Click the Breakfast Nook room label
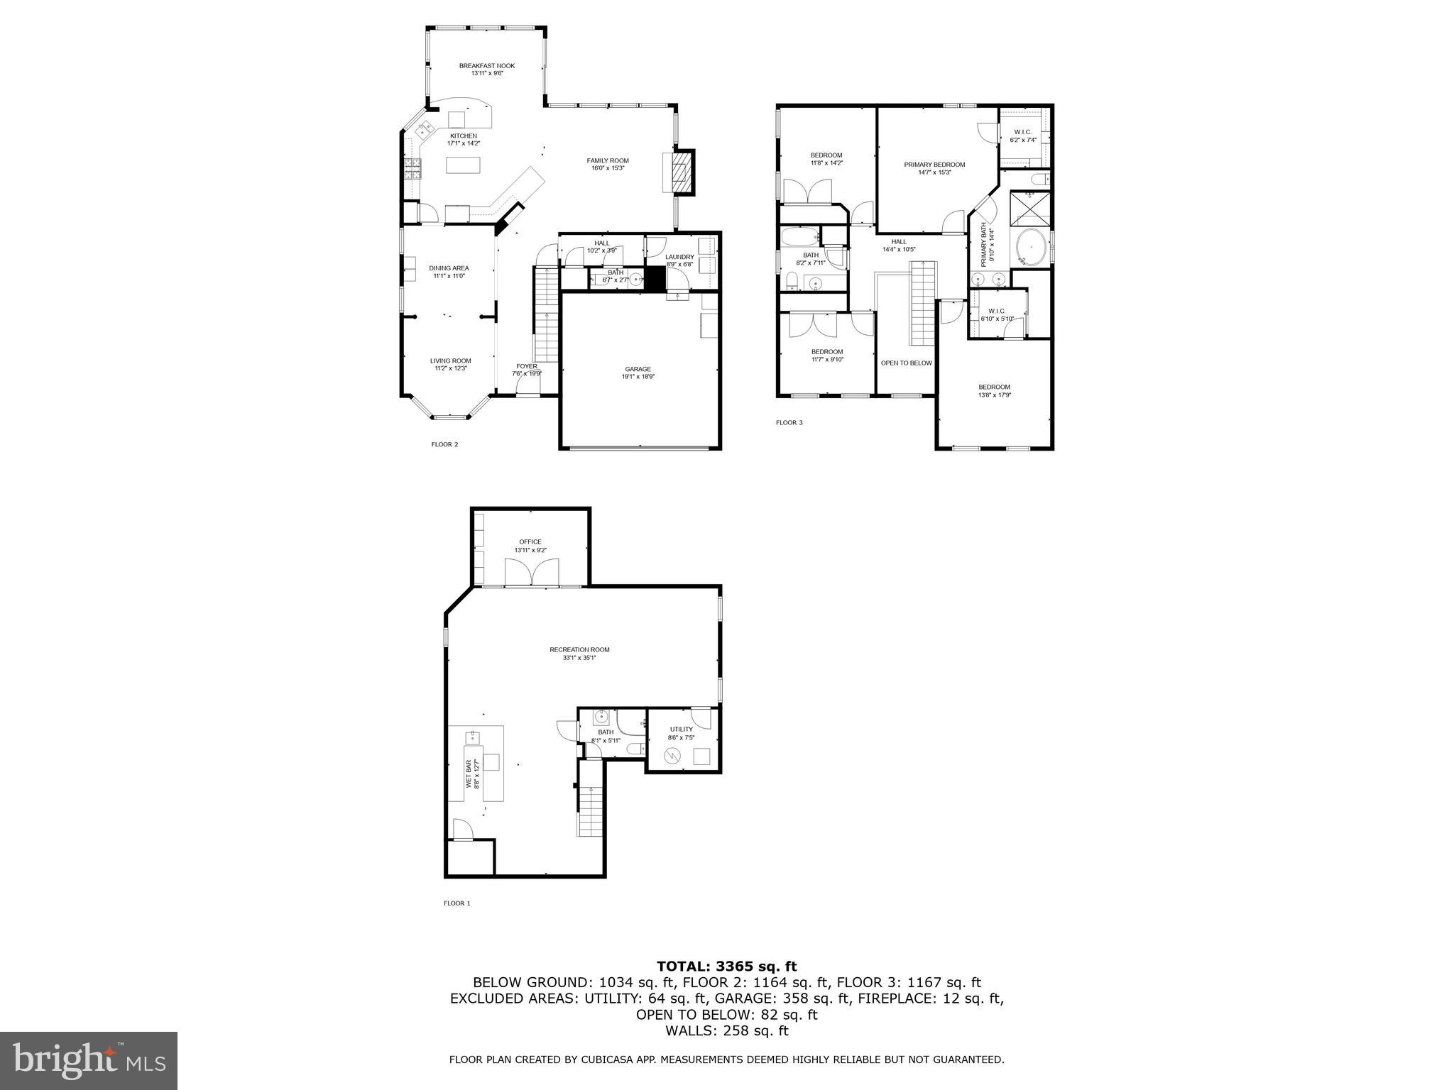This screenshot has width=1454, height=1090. pos(486,66)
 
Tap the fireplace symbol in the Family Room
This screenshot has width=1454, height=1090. pos(680,171)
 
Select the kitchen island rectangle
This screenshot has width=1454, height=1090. pos(462,165)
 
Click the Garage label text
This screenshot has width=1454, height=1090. pos(638,369)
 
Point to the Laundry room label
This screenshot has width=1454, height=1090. pos(679,257)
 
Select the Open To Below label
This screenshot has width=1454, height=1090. pos(906,363)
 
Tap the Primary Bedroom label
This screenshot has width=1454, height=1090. pos(934,165)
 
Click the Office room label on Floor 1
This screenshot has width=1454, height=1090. pos(530,542)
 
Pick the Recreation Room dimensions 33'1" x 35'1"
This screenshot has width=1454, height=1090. pos(579,658)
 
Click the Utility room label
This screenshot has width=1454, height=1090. pos(681,729)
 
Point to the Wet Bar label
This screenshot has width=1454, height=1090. pos(469,774)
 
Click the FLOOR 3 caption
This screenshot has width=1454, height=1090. pos(789,423)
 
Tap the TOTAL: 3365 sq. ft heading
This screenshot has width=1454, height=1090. pos(726,966)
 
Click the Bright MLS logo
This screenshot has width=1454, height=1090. pos(88,1061)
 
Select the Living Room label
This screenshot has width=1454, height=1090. pos(451,360)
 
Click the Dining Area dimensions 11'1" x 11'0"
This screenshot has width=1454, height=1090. pos(449,276)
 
